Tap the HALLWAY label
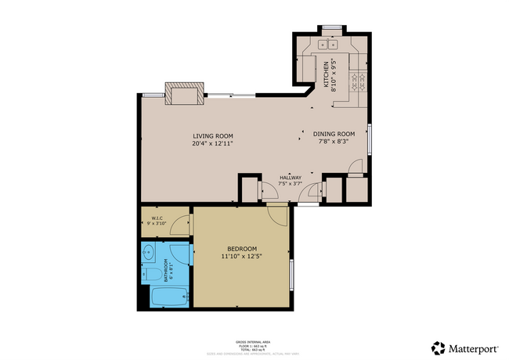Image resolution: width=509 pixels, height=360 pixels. click(x=291, y=178)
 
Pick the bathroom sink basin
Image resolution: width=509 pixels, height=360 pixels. click(x=149, y=253)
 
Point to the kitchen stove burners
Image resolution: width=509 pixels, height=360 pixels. click(x=357, y=78)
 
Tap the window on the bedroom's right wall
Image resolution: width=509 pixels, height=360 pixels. click(x=291, y=274)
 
